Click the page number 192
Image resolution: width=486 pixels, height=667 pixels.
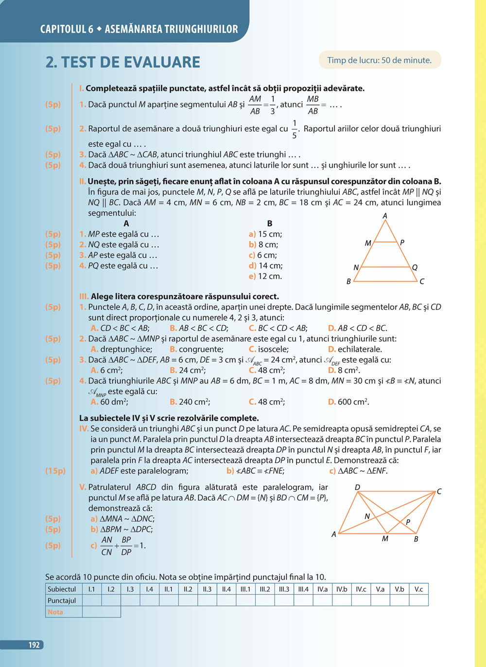34,645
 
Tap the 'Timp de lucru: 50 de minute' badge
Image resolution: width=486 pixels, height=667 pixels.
380,60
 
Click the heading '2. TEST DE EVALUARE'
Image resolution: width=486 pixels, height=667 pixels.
123,62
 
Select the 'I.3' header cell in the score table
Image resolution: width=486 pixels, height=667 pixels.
130,589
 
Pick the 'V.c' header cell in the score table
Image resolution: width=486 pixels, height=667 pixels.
418,589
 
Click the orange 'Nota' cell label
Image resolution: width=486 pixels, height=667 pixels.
55,612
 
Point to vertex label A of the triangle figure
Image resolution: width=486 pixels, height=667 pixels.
385,216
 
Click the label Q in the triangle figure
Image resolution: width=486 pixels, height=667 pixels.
415,267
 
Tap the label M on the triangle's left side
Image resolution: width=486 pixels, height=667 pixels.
368,243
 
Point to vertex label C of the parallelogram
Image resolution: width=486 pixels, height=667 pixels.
439,492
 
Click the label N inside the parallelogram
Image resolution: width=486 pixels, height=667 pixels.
367,516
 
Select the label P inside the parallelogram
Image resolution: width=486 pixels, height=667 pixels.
408,522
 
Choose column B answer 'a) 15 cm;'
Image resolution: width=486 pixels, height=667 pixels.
265,234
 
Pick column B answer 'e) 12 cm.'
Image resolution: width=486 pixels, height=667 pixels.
265,276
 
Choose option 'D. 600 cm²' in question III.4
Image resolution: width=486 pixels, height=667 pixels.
348,402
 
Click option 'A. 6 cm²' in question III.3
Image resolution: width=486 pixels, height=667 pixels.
105,371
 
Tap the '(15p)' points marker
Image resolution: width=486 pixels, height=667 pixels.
55,471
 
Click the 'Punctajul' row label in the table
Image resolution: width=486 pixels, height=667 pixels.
62,600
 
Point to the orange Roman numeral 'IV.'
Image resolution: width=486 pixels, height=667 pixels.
84,428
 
